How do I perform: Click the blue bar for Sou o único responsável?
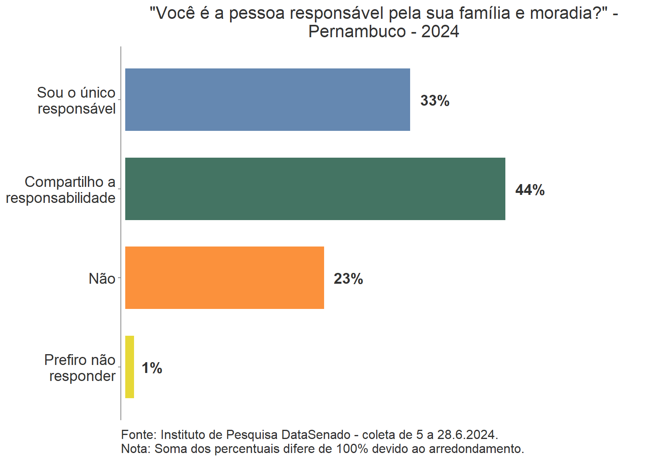click(267, 100)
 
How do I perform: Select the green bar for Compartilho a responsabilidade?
click(315, 189)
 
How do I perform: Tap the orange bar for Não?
click(224, 278)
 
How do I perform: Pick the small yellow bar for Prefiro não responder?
click(130, 367)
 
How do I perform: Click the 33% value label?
click(435, 100)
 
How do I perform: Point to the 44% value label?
click(530, 190)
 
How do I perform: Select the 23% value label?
click(348, 279)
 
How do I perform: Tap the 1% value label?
click(152, 368)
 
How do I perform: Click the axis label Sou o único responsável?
click(76, 100)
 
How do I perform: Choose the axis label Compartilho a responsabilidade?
click(61, 190)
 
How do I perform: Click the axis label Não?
click(102, 279)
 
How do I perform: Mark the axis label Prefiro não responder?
click(80, 368)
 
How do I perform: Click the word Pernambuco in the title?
click(357, 31)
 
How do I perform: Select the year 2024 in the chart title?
click(440, 31)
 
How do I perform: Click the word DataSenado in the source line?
click(316, 435)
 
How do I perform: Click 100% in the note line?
click(352, 449)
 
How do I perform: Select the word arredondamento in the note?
click(476, 449)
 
